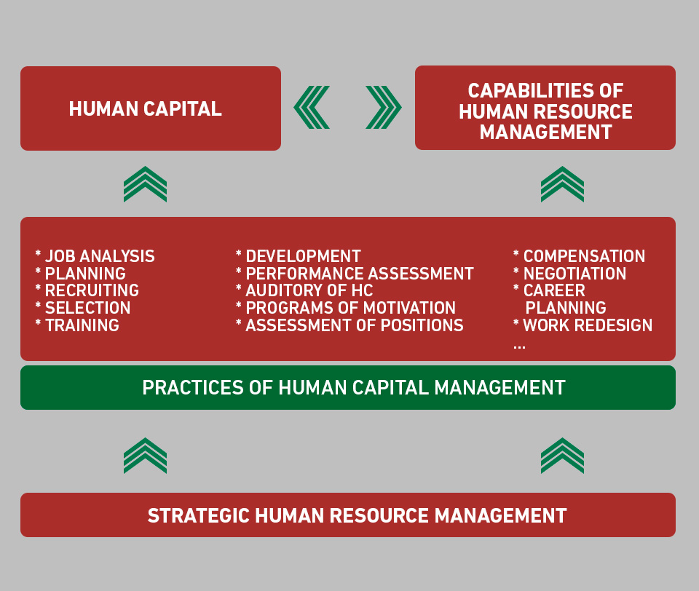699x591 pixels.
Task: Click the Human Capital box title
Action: point(146,108)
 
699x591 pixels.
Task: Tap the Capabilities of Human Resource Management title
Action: point(545,111)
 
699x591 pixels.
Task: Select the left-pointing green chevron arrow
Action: point(311,108)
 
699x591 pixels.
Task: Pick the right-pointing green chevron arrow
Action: point(384,108)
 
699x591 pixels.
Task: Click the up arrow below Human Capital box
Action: point(146,184)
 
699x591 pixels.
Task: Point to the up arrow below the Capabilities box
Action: point(562,184)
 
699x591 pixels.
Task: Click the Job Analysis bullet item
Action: point(95,256)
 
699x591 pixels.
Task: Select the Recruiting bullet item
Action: point(87,290)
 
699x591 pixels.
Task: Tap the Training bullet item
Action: point(77,325)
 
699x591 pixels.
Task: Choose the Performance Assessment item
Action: point(355,274)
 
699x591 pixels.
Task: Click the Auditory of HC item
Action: point(304,290)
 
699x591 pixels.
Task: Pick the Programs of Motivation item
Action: point(346,308)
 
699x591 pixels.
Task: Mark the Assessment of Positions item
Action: point(350,325)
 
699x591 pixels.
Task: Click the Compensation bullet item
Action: point(580,256)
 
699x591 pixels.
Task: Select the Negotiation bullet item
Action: point(570,274)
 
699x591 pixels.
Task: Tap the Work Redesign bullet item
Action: point(583,325)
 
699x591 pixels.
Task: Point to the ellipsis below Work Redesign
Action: point(519,347)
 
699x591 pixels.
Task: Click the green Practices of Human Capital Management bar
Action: point(348,387)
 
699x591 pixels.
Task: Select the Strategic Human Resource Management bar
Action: point(348,515)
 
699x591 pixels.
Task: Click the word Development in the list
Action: point(303,256)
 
